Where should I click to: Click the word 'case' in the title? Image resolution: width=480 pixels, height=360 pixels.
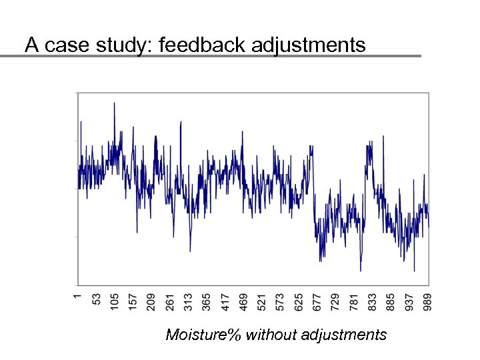click(60, 45)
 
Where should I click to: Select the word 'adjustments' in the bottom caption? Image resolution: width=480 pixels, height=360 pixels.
click(343, 335)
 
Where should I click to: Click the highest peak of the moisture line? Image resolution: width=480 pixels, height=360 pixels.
click(114, 103)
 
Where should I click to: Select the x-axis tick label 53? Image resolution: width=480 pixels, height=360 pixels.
click(97, 297)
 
